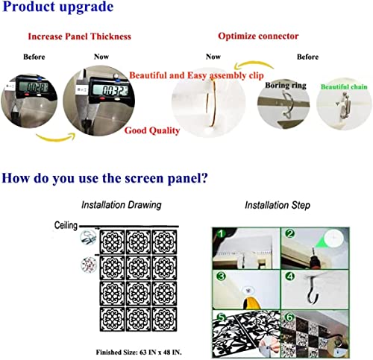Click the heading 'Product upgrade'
point(57,7)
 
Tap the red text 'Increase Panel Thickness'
point(79,37)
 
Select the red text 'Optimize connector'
point(258,37)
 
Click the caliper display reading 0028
point(34,87)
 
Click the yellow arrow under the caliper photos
point(55,137)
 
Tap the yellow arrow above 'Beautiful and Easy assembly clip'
point(254,65)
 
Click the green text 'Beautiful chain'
point(344,86)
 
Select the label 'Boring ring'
point(286,86)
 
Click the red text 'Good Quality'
point(152,130)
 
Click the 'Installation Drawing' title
point(122,205)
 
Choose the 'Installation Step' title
point(278,205)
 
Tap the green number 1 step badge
point(221,233)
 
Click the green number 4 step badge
point(289,277)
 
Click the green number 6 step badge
point(289,318)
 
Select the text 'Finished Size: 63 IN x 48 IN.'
point(139,352)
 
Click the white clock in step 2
point(333,238)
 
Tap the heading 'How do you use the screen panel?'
point(104,178)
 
